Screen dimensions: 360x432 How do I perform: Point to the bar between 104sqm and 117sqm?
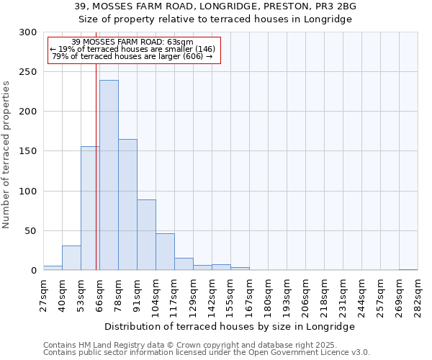(x=165, y=252)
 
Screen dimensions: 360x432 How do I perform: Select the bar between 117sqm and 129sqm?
(x=184, y=264)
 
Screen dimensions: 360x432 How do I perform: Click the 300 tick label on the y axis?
(x=28, y=32)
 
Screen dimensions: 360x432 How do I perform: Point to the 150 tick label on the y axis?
(x=28, y=151)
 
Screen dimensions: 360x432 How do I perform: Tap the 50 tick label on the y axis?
(x=31, y=231)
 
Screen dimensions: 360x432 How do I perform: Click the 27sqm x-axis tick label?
(x=44, y=294)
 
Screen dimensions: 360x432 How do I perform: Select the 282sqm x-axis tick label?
(x=418, y=294)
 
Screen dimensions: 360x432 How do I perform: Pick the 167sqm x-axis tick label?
(x=250, y=294)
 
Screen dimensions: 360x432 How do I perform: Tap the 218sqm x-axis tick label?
(x=325, y=294)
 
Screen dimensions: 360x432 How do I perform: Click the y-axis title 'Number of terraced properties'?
(x=6, y=155)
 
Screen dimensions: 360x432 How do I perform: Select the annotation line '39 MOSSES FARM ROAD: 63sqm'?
(x=132, y=42)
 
